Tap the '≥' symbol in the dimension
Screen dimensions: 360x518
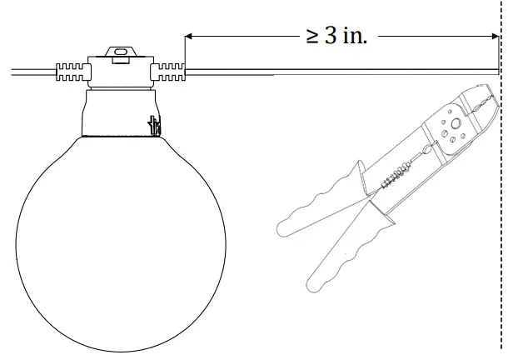tap(312, 37)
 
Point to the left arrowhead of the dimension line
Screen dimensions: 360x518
tap(188, 37)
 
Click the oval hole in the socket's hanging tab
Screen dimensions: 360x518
tap(120, 52)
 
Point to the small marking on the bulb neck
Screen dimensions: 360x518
tap(153, 126)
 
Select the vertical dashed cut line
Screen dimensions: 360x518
tap(501, 208)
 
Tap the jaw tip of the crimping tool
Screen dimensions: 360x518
tap(484, 96)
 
